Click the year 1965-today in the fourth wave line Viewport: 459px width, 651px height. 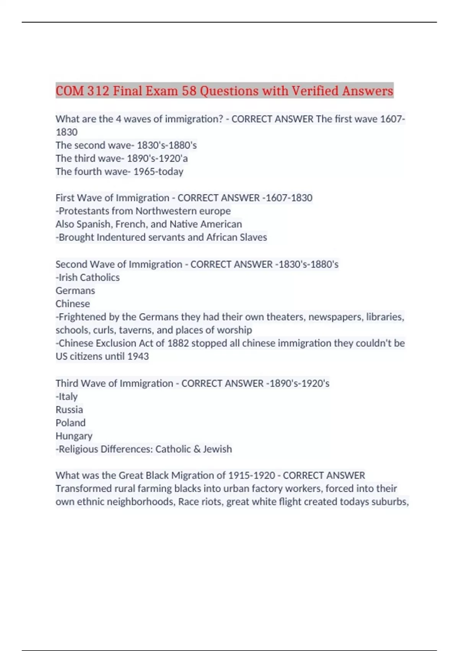[x=158, y=172]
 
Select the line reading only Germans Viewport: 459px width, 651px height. [x=75, y=291]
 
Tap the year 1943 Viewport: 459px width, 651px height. [x=138, y=357]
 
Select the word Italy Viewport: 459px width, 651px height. [x=68, y=396]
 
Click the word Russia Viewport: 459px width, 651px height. [x=69, y=410]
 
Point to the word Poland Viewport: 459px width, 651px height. [x=70, y=423]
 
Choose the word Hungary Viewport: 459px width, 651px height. [x=74, y=436]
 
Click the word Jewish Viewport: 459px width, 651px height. [x=217, y=449]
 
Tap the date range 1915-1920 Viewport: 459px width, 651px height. [x=252, y=476]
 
